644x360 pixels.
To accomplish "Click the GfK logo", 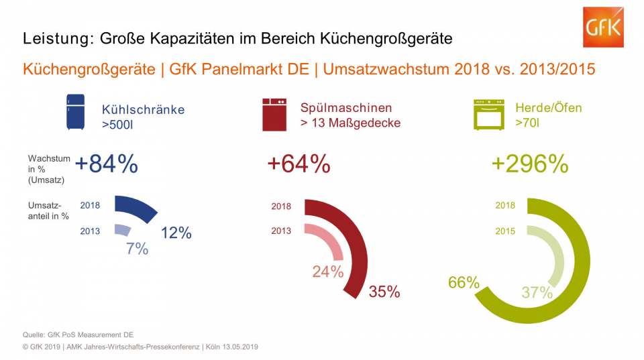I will (603, 27).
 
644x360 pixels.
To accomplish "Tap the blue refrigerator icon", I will (76, 112).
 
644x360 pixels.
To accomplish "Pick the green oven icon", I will (488, 114).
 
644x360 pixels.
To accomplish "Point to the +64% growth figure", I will (299, 164).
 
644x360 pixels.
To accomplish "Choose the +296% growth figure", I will (530, 164).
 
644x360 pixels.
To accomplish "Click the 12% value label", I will (176, 233).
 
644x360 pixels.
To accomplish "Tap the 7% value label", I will (137, 249).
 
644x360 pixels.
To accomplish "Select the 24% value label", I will (327, 272).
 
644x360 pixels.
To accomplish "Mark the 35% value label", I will (384, 292).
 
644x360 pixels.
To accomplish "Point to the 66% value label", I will (464, 283).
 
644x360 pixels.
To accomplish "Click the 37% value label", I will (537, 293).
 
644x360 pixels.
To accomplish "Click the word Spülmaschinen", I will (345, 108).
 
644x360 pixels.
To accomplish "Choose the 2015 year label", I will (505, 231).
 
